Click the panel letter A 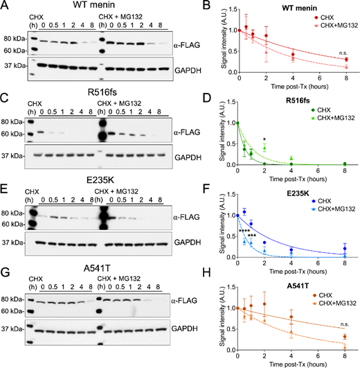click(5, 6)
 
